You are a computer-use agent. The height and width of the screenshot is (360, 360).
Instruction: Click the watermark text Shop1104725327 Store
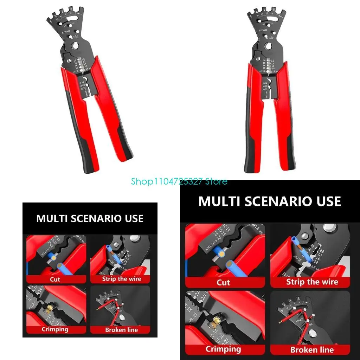(179, 182)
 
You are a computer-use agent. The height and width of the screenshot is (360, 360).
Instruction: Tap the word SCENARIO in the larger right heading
(270, 201)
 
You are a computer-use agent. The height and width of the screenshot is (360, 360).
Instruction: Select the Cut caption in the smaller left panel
(55, 279)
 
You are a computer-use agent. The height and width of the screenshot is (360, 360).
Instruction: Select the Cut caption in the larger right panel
(223, 282)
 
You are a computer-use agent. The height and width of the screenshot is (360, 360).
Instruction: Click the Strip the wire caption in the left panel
(121, 279)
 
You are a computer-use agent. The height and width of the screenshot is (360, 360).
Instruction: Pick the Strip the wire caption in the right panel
(312, 282)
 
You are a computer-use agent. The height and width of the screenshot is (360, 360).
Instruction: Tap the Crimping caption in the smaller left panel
(55, 329)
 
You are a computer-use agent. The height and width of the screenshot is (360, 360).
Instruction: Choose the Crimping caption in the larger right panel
(223, 349)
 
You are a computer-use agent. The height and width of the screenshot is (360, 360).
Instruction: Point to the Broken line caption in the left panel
(121, 330)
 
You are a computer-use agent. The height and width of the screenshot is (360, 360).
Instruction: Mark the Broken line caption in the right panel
(312, 349)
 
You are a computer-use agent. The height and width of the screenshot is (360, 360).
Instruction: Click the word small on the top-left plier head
(66, 32)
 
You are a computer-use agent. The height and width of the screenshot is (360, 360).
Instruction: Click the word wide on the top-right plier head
(269, 37)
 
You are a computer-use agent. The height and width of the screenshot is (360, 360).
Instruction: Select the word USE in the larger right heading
(329, 201)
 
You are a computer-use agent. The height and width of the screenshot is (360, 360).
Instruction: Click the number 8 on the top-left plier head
(71, 8)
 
